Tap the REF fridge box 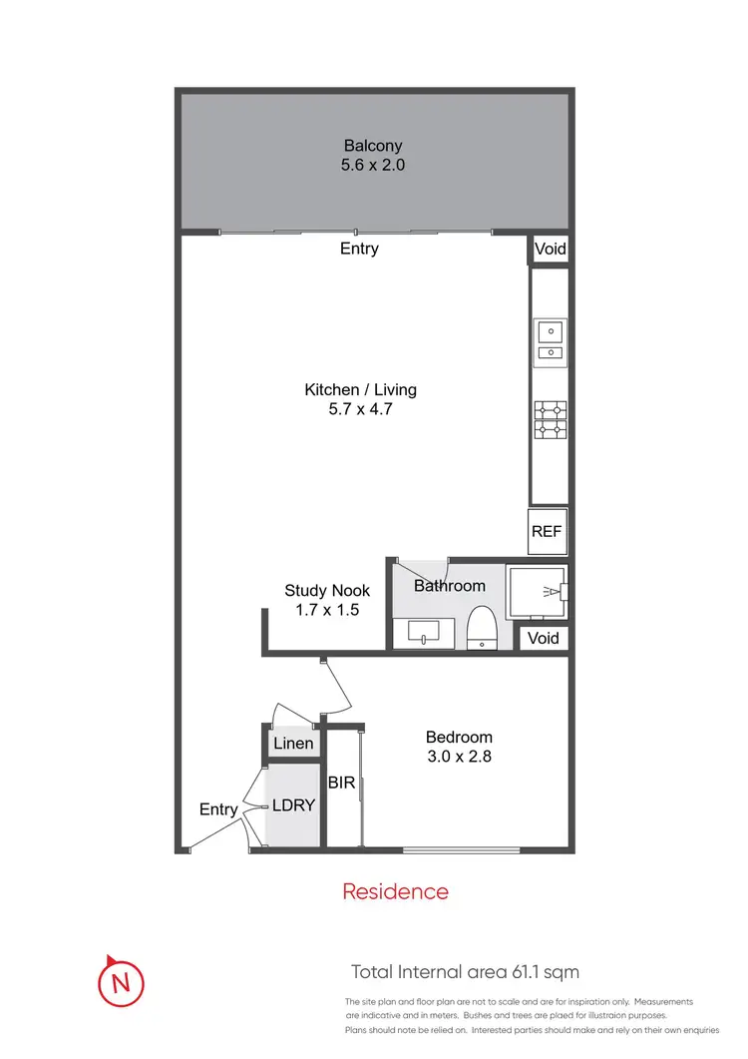click(547, 532)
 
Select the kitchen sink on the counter click(550, 339)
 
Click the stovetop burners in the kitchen click(550, 419)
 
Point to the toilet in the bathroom click(483, 627)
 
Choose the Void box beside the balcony click(549, 250)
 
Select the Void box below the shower click(543, 638)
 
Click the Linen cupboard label click(293, 744)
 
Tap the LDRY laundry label click(293, 806)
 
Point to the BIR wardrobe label click(342, 784)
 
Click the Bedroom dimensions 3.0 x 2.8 click(457, 757)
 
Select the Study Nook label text click(327, 591)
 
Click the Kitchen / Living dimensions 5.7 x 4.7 click(360, 408)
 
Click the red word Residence click(395, 891)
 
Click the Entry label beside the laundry click(218, 809)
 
